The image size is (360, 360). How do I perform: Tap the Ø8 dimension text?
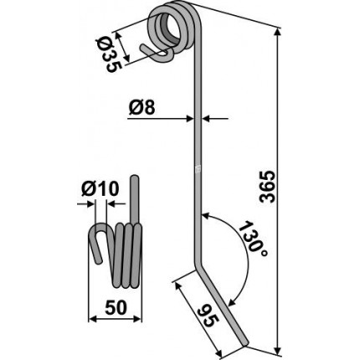click(x=141, y=107)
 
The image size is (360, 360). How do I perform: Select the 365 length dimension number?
click(x=267, y=186)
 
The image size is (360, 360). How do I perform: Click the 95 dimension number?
click(x=208, y=317)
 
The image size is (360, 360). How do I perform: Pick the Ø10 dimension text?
click(x=100, y=189)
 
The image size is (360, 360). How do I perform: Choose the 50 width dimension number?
click(x=116, y=308)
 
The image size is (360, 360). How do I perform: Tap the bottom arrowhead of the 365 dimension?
click(x=277, y=348)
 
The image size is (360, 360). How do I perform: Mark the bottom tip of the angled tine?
click(x=244, y=342)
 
